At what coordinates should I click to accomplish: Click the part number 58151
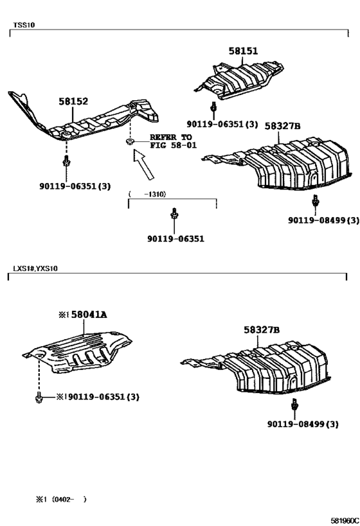coord(243,51)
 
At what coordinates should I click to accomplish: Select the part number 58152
coord(73,101)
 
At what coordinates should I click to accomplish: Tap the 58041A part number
coord(89,315)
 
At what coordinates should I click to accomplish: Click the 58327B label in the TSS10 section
coord(282,126)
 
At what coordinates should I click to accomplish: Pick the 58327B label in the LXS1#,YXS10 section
coord(262,330)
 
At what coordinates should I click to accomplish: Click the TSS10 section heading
coord(24,25)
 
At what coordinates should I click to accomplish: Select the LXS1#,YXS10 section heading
coord(35,268)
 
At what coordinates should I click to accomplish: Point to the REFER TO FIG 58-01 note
coord(173,141)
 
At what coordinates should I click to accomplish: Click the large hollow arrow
coord(144,164)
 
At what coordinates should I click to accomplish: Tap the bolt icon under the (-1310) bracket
coord(174,213)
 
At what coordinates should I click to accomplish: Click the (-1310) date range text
coord(147,194)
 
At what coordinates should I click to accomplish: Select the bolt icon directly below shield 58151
coord(213,107)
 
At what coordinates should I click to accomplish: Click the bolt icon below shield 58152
coord(66,161)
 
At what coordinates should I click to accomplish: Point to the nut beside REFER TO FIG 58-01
coord(130,141)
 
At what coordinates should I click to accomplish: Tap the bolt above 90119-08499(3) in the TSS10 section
coord(316,200)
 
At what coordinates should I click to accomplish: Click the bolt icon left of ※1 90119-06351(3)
coord(39,397)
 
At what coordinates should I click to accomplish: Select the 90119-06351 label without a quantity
coord(175,239)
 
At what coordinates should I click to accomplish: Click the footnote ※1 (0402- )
coord(62,500)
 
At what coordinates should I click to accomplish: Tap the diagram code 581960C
coord(345,520)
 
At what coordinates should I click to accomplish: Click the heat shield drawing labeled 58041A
coord(77,352)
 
